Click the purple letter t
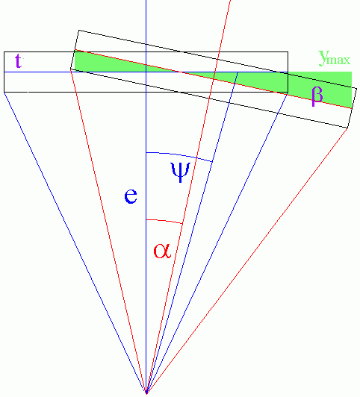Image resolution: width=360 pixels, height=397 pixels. tap(18, 60)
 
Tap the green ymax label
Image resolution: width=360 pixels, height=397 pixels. tap(335, 58)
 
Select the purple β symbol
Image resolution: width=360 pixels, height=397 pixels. tap(317, 96)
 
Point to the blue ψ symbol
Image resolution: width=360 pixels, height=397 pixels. tap(181, 172)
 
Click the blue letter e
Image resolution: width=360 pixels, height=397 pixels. tap(131, 196)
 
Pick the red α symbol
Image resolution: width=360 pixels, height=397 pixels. tap(162, 251)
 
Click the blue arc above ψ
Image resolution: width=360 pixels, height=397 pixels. tap(179, 155)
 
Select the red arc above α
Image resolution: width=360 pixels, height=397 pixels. tap(164, 221)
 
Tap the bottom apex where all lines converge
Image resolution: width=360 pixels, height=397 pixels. tap(146, 393)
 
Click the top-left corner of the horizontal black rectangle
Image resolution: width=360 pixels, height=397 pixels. tap(4, 52)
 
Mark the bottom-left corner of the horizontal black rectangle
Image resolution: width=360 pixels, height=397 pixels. tap(4, 92)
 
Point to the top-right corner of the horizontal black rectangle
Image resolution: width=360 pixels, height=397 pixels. tap(288, 52)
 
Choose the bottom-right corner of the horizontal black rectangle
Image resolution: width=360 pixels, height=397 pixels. tap(288, 92)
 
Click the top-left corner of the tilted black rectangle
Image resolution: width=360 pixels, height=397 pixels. tap(79, 30)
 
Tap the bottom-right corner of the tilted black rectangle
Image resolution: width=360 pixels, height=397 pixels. tap(347, 128)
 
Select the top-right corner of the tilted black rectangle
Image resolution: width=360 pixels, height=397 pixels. tap(357, 88)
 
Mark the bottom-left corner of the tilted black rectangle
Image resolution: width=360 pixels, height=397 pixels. tap(70, 69)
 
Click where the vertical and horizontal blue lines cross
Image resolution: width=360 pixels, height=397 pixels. tap(146, 72)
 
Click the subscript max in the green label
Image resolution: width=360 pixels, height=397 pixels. tap(340, 60)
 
